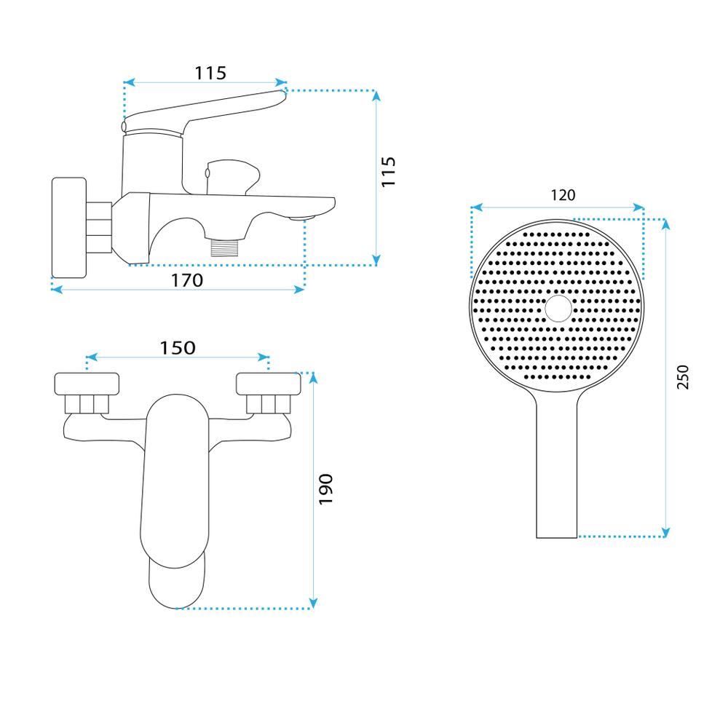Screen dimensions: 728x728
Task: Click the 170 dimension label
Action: coord(187,280)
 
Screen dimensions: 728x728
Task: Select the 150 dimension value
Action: coord(178,348)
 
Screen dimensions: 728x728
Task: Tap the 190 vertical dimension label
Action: coord(326,489)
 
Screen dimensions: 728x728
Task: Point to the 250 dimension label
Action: coord(683,377)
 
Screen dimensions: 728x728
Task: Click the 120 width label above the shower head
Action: coord(563,195)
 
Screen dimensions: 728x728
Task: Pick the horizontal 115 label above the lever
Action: coord(210,74)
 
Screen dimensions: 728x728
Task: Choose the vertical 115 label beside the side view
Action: coord(388,172)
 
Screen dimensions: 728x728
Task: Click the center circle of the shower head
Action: coord(558,308)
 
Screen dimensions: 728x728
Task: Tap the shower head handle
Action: coord(557,469)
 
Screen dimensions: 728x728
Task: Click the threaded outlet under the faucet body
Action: coord(224,247)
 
